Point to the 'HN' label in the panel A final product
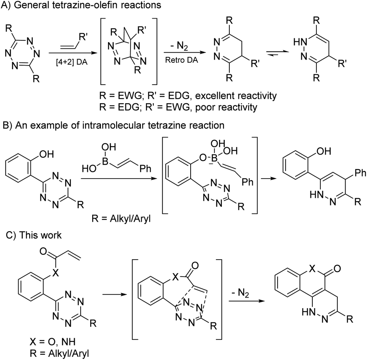(x=298, y=41)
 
